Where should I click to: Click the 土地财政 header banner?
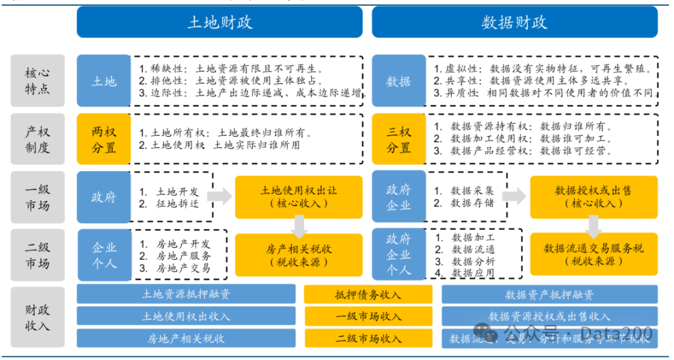pos(219,22)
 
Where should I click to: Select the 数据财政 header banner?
pos(514,22)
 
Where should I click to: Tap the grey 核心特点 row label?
pos(37,80)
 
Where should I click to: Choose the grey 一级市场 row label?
pos(37,197)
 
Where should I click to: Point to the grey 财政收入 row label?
pos(37,317)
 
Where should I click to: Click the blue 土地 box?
pos(104,80)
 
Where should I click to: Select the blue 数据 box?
pos(399,80)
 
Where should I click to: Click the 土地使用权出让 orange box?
pos(298,197)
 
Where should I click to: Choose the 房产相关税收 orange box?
pos(298,255)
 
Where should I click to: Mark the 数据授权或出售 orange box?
pos(593,197)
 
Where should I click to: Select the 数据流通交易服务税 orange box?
pos(593,255)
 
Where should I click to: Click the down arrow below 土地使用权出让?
pos(299,226)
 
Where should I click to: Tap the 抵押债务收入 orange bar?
pos(368,295)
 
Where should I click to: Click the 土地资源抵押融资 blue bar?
pos(186,295)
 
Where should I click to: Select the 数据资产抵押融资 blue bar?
pos(549,295)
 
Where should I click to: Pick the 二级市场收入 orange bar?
pos(368,338)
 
